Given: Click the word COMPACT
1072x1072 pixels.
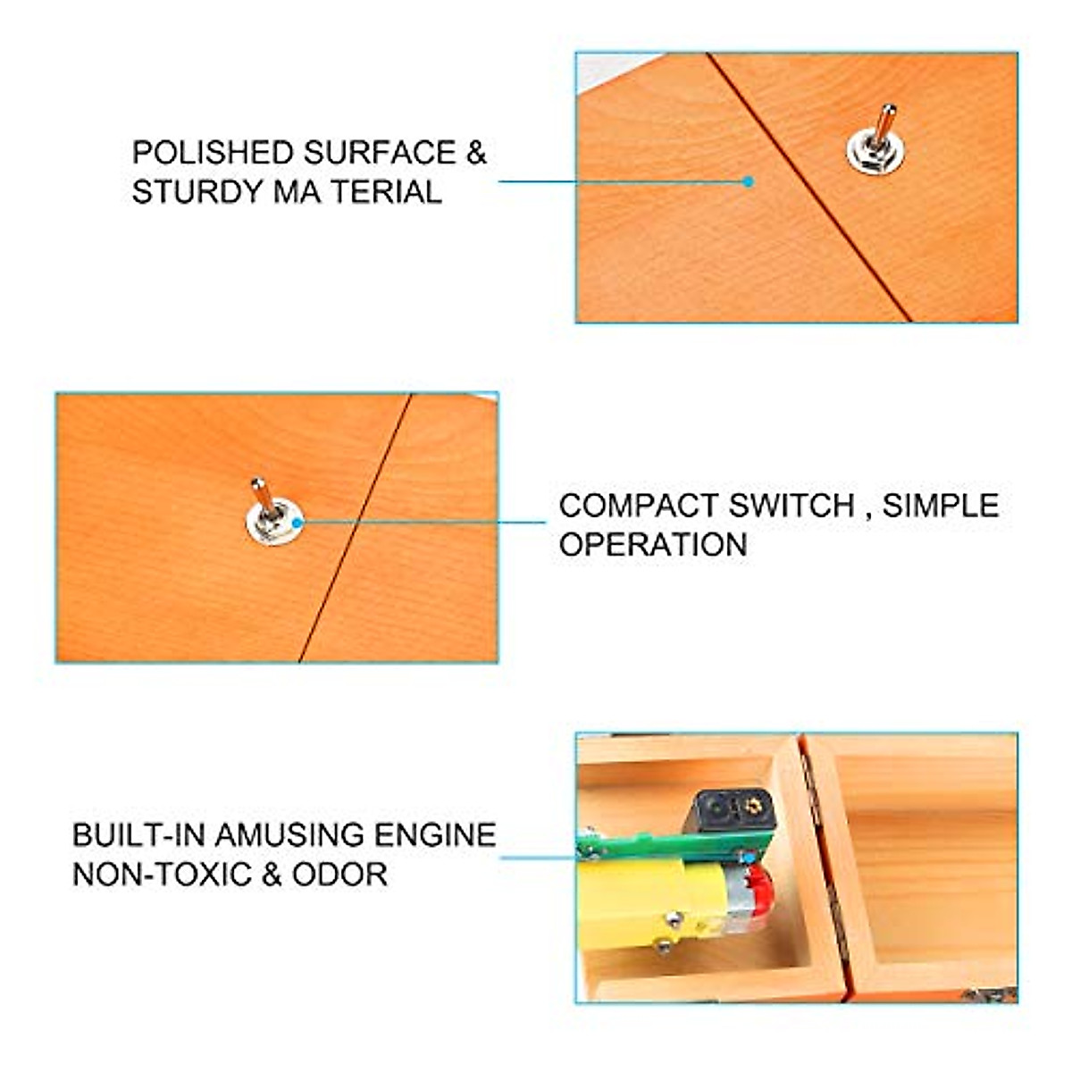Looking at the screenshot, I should (x=639, y=506).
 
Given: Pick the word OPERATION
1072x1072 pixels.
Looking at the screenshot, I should (x=653, y=545).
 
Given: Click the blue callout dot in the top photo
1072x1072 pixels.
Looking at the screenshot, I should (x=749, y=181).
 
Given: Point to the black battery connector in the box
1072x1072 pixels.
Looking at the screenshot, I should (x=733, y=809).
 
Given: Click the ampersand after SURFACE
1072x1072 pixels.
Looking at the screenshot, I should (x=475, y=153).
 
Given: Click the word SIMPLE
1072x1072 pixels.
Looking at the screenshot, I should (x=941, y=506).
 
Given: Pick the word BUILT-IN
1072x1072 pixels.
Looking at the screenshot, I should (x=138, y=835).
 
